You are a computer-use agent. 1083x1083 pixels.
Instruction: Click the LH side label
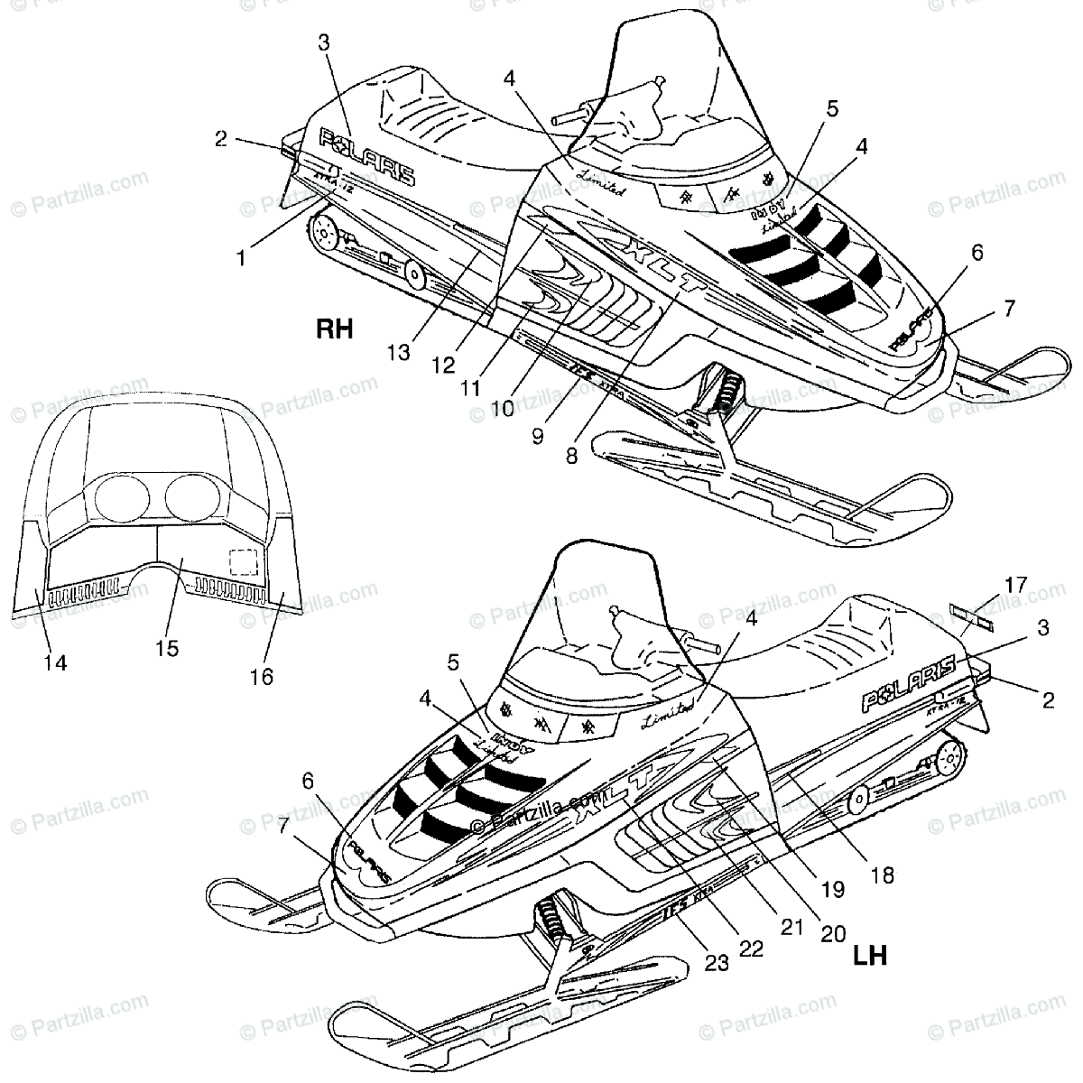[870, 955]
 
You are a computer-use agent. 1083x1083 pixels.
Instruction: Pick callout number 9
[538, 437]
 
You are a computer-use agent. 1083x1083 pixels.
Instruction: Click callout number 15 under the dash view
[167, 647]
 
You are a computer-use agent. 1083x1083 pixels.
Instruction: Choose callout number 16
[262, 676]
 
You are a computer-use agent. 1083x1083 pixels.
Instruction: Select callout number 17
[1015, 584]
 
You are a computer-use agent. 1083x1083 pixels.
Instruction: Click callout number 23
[717, 963]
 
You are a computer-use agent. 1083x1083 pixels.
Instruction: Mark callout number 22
[751, 949]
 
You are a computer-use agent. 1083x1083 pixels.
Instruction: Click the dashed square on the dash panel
[242, 563]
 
